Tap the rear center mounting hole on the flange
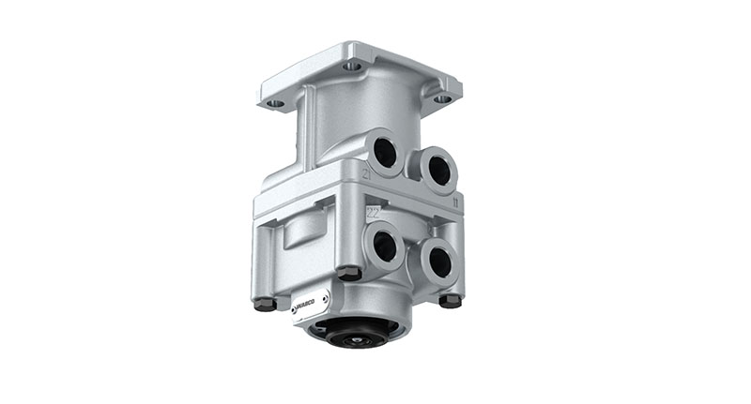[x=353, y=66]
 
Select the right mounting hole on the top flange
[x=441, y=98]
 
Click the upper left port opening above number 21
[x=385, y=151]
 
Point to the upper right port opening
[x=437, y=171]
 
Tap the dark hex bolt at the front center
[x=348, y=273]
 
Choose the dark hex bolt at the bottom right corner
[x=451, y=300]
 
